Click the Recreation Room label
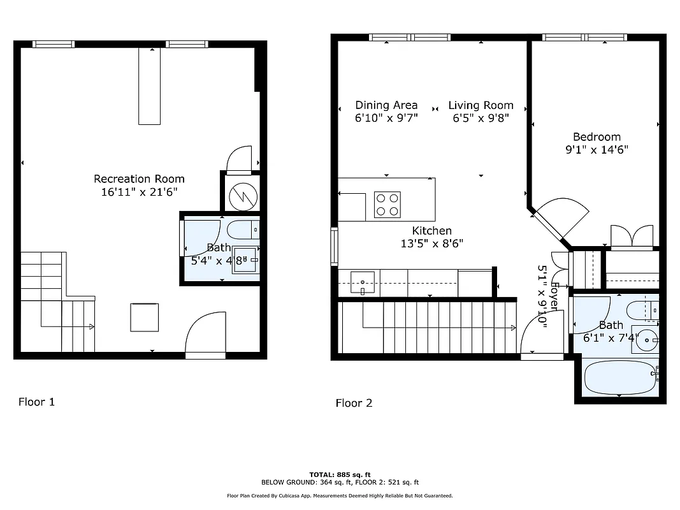(x=139, y=179)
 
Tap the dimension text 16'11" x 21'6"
(x=139, y=192)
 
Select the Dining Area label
(x=386, y=105)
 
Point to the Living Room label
(x=481, y=105)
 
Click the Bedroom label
(x=597, y=137)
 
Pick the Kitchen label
(x=431, y=231)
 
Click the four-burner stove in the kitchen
(x=386, y=205)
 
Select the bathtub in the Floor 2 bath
(x=619, y=377)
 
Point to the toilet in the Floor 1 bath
(x=245, y=229)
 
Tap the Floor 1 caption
(x=36, y=402)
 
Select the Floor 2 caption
(x=354, y=403)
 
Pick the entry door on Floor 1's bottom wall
(x=205, y=336)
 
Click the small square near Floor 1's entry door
(x=145, y=317)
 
